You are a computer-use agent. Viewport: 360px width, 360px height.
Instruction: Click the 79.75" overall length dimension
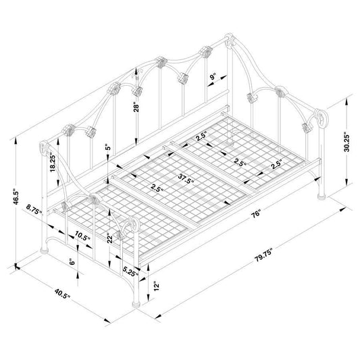tap(263, 255)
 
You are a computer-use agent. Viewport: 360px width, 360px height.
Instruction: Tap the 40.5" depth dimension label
tap(62, 293)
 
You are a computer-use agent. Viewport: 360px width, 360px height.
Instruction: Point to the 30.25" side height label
tap(346, 142)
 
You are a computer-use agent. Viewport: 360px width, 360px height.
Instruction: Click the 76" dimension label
tap(256, 213)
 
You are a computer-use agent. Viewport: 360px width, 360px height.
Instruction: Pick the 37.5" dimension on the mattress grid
tap(186, 179)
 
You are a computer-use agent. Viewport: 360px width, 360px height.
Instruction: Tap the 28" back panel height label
tap(136, 107)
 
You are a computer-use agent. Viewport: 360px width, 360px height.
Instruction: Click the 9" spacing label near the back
tap(213, 77)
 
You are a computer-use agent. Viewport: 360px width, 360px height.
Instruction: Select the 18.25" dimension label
tap(53, 163)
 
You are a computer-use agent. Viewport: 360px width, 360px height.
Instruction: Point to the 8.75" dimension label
tap(34, 209)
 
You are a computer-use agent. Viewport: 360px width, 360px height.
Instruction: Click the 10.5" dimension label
tap(82, 237)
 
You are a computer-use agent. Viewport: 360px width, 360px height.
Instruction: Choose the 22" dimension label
tap(109, 240)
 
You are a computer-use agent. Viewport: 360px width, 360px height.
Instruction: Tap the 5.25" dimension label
tap(130, 271)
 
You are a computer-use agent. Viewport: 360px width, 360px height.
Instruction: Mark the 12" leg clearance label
tap(156, 286)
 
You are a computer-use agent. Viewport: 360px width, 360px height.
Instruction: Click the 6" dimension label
tap(72, 262)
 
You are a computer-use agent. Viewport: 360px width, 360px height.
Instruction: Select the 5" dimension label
tap(107, 147)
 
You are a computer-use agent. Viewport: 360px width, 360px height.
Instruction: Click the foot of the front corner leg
tap(136, 304)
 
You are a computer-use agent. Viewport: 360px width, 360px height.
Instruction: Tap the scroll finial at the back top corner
tap(229, 39)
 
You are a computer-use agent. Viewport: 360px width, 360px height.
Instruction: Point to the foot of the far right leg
tap(322, 197)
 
